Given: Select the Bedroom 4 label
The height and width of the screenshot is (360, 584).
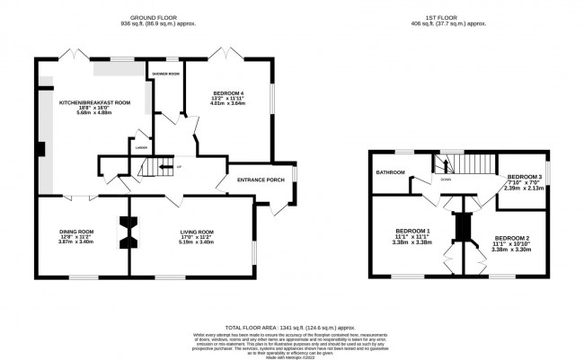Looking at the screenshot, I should coord(228,94).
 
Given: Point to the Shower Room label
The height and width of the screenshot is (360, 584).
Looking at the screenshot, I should coord(166,74).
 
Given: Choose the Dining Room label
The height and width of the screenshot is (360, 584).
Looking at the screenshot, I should coord(76,232).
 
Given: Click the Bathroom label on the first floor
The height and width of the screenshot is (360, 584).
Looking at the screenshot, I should coord(391,172).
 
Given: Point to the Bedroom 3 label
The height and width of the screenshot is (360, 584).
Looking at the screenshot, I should coord(524,177).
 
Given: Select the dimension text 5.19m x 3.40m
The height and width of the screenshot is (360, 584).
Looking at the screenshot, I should coord(196,241).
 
